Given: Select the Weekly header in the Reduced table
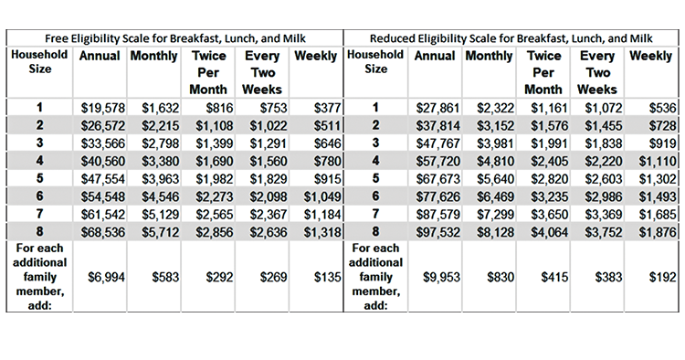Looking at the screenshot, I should pyautogui.click(x=650, y=56).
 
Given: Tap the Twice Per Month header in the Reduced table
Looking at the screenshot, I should pyautogui.click(x=544, y=72).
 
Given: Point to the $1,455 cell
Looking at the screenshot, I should pyautogui.click(x=601, y=124).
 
